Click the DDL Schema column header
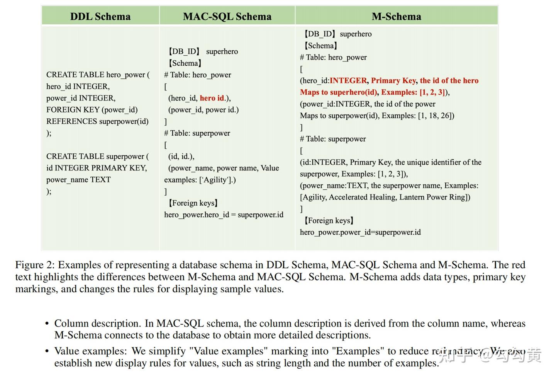pos(100,16)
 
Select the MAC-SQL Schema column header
pos(227,16)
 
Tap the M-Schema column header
pos(396,16)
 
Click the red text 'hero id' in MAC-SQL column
pos(212,98)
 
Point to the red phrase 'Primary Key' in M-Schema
pos(393,80)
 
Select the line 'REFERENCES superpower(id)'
pos(97,121)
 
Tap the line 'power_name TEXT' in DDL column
pos(78,180)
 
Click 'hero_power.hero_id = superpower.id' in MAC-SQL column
pos(224,215)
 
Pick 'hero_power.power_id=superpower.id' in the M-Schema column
pos(360,232)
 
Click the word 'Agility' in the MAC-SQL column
pos(215,180)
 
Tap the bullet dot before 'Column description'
pos(47,324)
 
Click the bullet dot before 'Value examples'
pos(47,351)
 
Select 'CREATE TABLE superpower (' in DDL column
pos(97,157)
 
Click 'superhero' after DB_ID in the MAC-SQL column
pos(222,51)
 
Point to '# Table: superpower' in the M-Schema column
pos(333,139)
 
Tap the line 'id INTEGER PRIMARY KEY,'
pos(97,168)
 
